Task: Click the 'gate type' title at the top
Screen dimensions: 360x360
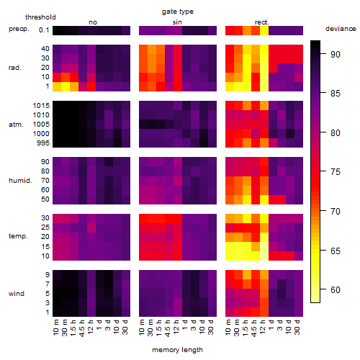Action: coord(178,12)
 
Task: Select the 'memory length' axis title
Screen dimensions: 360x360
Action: coord(177,350)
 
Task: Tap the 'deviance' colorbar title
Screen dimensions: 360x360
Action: coord(341,29)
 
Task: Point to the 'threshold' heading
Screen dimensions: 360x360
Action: coord(40,17)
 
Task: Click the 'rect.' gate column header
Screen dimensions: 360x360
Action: coord(262,22)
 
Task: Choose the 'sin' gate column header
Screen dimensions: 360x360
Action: coord(177,22)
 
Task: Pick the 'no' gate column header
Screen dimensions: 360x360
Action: coord(93,22)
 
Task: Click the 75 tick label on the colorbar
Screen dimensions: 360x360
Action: coord(336,172)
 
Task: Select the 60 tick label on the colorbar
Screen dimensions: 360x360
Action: coord(336,290)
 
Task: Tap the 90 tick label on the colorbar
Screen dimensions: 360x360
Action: coord(336,55)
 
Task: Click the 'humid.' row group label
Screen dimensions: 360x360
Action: coord(20,181)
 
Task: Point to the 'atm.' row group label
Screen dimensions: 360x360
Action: coord(16,125)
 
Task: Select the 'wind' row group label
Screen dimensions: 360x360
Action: coord(17,294)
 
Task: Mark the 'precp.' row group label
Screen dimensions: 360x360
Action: coord(19,29)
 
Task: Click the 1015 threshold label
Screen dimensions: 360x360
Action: coord(41,106)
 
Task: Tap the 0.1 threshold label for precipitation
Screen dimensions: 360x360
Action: coord(44,30)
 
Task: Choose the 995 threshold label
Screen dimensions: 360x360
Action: coord(43,143)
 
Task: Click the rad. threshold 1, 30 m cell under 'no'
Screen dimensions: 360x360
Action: coord(66,86)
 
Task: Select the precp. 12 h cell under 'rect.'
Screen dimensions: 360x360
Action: coord(264,30)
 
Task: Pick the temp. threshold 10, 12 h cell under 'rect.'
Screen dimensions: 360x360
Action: coord(264,256)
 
